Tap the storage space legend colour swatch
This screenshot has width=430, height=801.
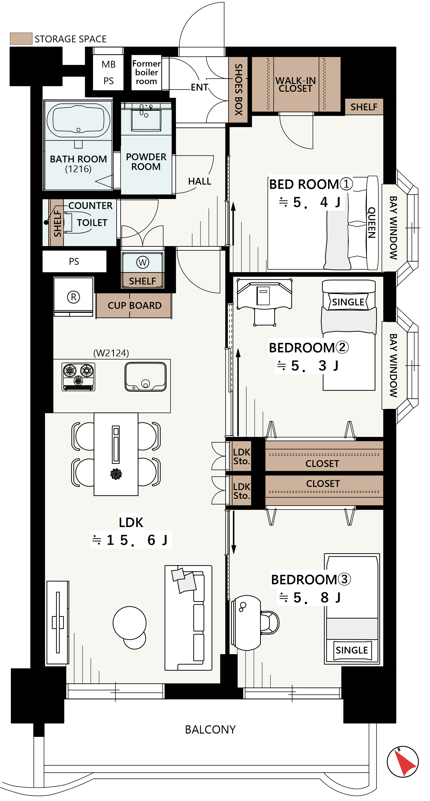pos(21,38)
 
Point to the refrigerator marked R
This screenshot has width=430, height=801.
pos(73,297)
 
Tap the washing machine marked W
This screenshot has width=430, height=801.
pos(143,262)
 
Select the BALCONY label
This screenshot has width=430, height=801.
pos(210,729)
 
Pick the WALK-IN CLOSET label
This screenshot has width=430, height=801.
pos(296,85)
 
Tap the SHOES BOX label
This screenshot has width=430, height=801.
pos(238,90)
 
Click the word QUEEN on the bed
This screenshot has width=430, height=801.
pos(372,223)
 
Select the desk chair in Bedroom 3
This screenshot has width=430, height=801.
pos(269,622)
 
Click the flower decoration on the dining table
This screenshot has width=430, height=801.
pos(116,474)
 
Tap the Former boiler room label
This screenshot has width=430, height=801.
pos(146,72)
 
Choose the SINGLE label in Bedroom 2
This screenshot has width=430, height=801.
pos(348,302)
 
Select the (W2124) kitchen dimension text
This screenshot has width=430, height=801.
pos(111,353)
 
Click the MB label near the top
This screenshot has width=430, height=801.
pos(108,64)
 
